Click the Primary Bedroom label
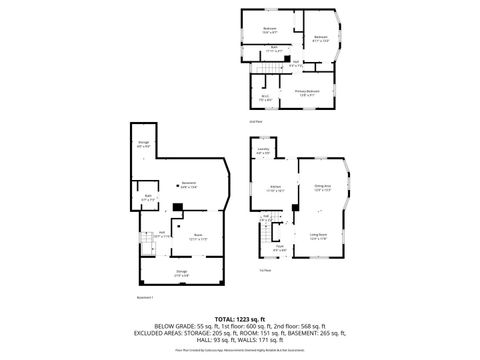pyautogui.click(x=307, y=90)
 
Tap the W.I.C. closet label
pyautogui.click(x=266, y=98)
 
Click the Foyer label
pyautogui.click(x=280, y=247)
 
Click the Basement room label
pyautogui.click(x=187, y=183)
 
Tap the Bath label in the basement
pyautogui.click(x=147, y=197)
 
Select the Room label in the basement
pyautogui.click(x=197, y=237)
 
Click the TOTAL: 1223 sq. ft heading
pyautogui.click(x=240, y=317)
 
